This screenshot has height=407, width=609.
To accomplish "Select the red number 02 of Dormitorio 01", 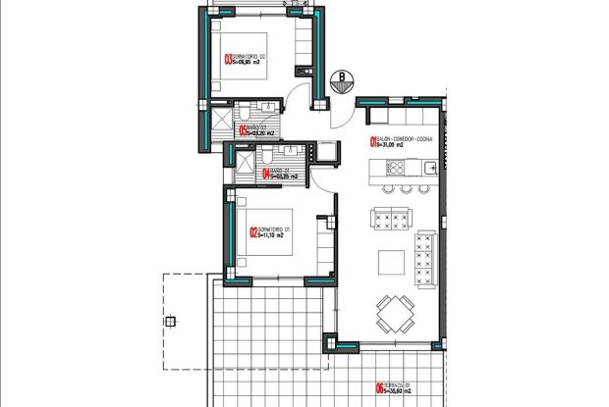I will pyautogui.click(x=254, y=233).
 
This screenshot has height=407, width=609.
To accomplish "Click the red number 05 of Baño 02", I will pyautogui.click(x=243, y=127).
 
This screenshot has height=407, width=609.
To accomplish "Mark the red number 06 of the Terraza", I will pyautogui.click(x=379, y=388).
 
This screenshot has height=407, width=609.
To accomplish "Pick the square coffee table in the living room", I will pyautogui.click(x=389, y=260).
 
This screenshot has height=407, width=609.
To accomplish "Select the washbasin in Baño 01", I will pyautogui.click(x=291, y=151).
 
